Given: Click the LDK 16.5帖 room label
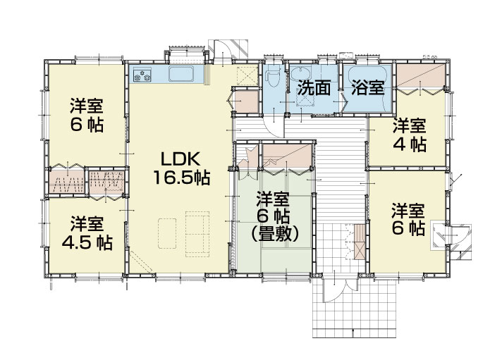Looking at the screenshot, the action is click(x=181, y=168).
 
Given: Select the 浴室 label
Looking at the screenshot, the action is click(x=368, y=87).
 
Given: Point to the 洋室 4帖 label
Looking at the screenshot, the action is click(x=410, y=135).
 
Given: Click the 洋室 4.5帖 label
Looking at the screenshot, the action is click(x=87, y=233).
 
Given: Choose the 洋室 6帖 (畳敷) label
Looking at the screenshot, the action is click(x=275, y=217).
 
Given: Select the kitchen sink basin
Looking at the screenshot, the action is click(x=181, y=74).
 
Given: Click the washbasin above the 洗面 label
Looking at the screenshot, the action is click(x=301, y=73).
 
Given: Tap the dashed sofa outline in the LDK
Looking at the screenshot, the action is click(x=197, y=234).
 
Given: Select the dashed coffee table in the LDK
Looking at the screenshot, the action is click(x=167, y=233).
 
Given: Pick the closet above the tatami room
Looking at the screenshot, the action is click(x=286, y=156).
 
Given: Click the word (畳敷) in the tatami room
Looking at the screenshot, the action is click(x=275, y=235).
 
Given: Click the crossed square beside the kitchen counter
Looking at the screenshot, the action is click(x=247, y=75).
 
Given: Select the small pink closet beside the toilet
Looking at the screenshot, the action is click(x=247, y=101).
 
